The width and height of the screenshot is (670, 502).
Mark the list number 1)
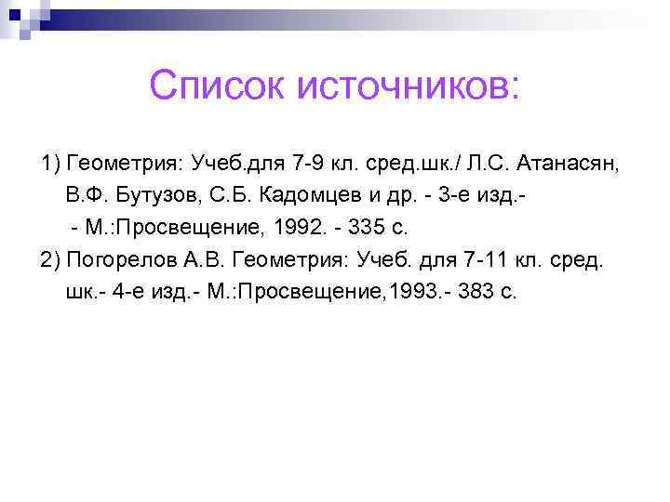click(50, 165)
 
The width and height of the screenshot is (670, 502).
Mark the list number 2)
click(50, 259)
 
